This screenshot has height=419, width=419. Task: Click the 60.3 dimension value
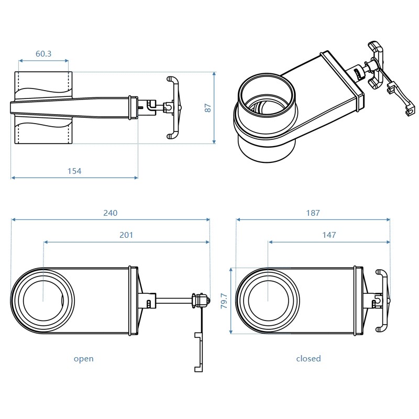[43, 53]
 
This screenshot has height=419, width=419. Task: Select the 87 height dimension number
[208, 108]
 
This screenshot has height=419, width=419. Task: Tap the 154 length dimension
[74, 171]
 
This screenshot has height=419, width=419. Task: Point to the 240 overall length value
[111, 213]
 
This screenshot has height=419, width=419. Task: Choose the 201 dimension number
[126, 235]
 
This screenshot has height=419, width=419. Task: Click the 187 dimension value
[313, 213]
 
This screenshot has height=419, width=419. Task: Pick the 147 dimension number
[329, 235]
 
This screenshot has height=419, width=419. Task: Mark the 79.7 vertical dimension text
[224, 301]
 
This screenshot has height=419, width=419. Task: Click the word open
[84, 359]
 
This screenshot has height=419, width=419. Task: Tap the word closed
[308, 359]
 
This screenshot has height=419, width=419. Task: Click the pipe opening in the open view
[43, 301]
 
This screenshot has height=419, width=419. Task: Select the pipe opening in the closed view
[268, 301]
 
